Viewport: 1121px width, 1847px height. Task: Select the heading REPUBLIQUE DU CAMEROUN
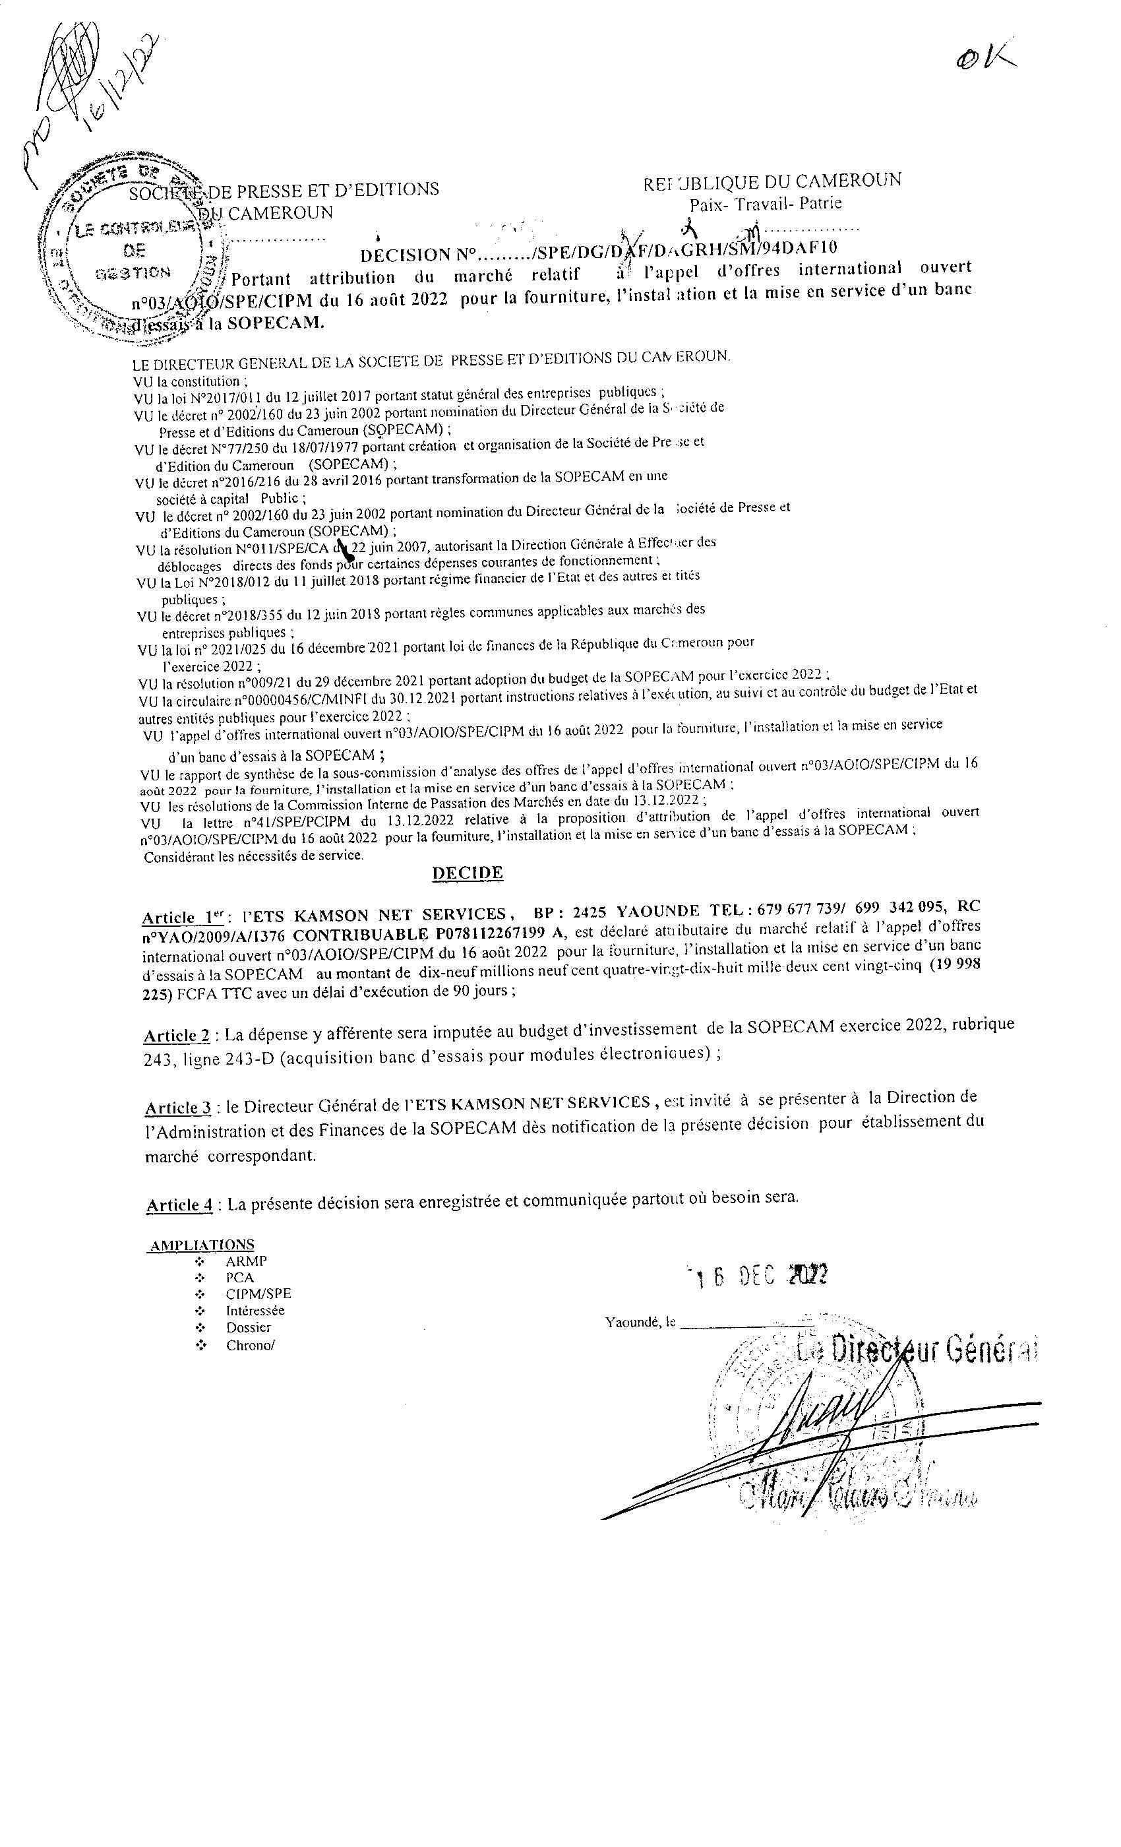tap(771, 181)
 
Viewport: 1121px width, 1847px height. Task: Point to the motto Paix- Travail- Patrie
tap(765, 203)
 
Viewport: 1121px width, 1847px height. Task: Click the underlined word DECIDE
tap(467, 873)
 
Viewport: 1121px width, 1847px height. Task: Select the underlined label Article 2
tap(177, 1035)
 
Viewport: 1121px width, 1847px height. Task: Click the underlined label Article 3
tap(177, 1108)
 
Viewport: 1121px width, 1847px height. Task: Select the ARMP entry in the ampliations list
tap(246, 1261)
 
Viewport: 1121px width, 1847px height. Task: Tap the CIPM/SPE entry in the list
tap(258, 1294)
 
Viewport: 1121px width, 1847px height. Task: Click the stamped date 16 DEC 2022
tap(757, 1276)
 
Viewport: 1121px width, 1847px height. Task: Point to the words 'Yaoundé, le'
tap(640, 1323)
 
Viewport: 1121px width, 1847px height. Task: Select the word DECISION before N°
tap(405, 255)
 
